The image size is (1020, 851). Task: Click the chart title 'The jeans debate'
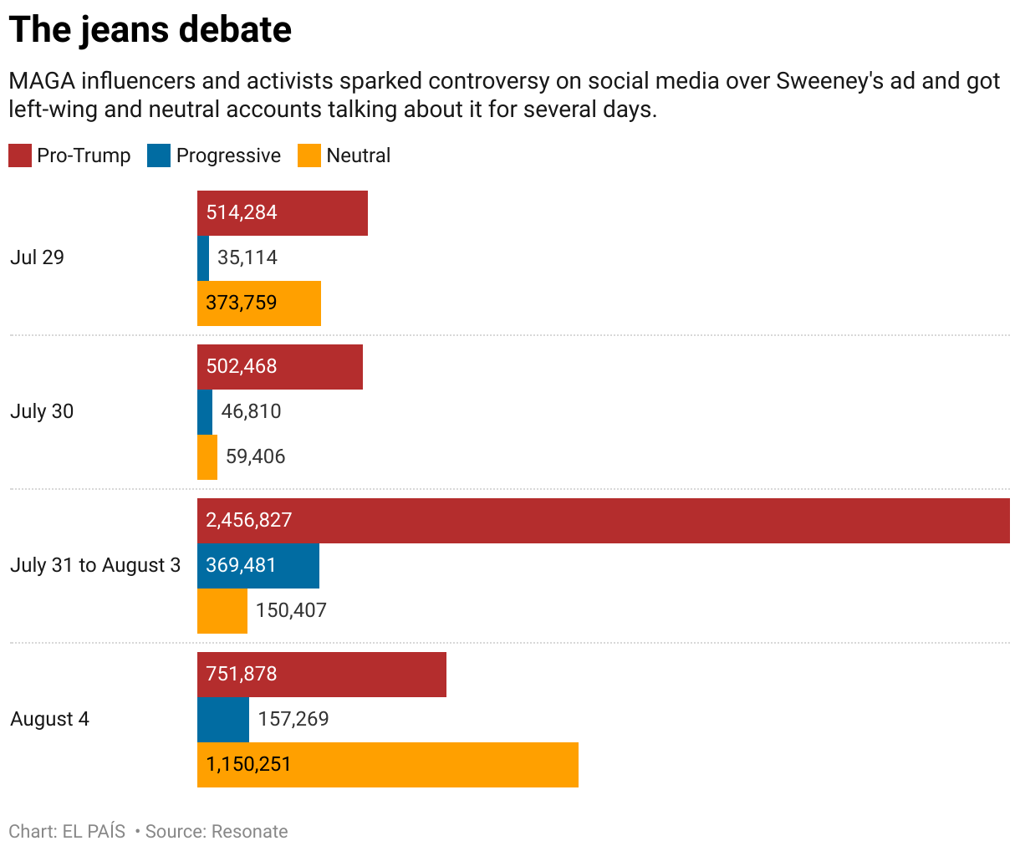tap(150, 30)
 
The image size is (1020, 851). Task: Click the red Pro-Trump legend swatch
tap(20, 155)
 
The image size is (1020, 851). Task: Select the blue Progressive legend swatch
tap(159, 155)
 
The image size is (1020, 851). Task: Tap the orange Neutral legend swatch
tap(309, 155)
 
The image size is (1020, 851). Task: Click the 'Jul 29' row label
tap(37, 257)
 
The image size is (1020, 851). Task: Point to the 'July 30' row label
tap(42, 411)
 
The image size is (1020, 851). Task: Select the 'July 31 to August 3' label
tap(95, 565)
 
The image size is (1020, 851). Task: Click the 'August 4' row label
tap(49, 719)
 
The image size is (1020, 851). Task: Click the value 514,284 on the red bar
tap(242, 212)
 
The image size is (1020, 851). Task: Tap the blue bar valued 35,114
tap(203, 257)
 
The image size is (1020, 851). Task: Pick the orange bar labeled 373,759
tap(259, 303)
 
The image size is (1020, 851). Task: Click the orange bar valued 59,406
tap(207, 456)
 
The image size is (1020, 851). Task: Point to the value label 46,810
tap(251, 411)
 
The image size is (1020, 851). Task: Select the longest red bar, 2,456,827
tap(603, 520)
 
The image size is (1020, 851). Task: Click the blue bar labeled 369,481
tap(258, 565)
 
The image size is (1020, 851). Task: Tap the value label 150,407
tap(291, 610)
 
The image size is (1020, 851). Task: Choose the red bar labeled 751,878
tap(322, 674)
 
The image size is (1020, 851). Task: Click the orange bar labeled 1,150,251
tap(388, 764)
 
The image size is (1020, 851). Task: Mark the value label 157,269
tap(293, 719)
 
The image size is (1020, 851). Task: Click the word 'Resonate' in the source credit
tap(250, 832)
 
